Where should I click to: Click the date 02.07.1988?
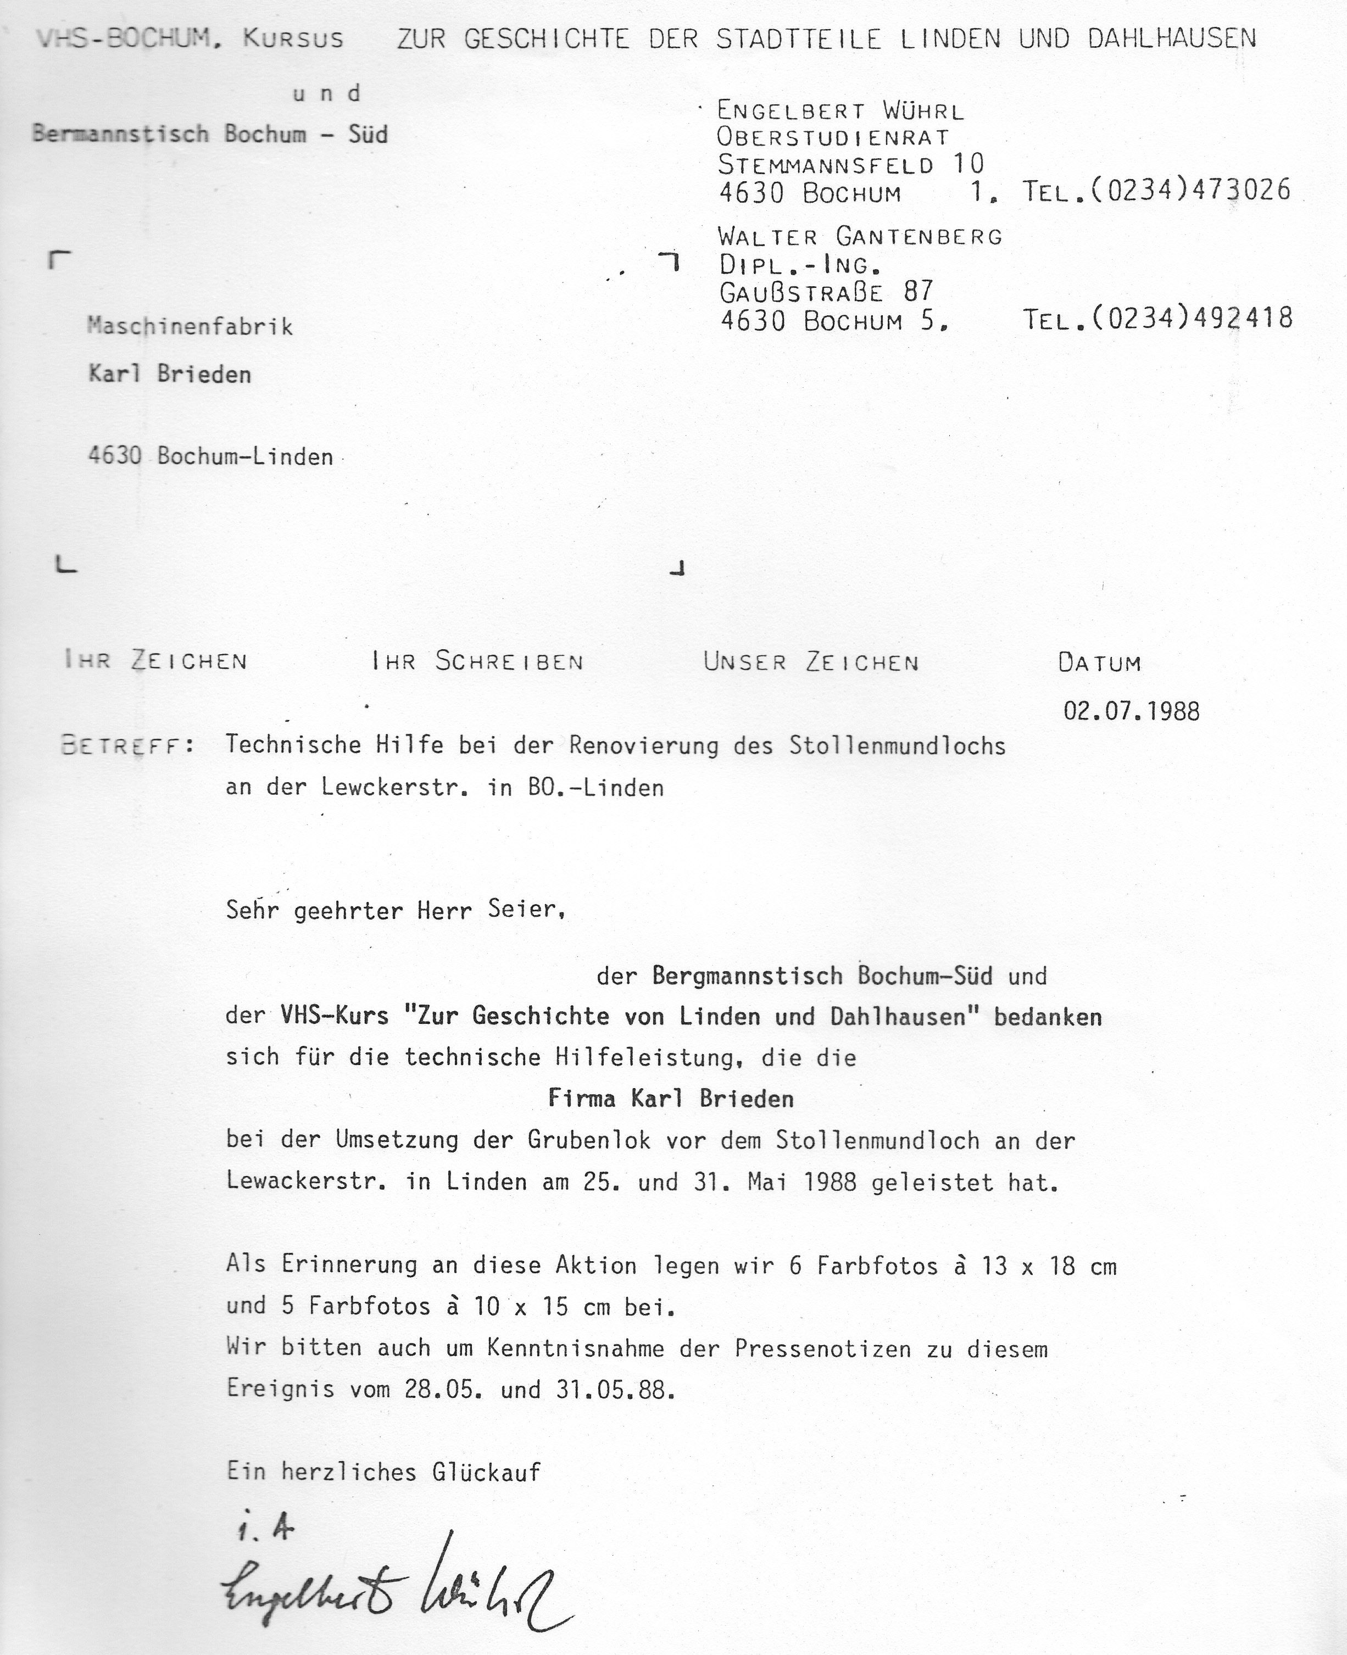pyautogui.click(x=1131, y=711)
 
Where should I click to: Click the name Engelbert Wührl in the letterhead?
pyautogui.click(x=841, y=112)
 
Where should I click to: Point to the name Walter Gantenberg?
pyautogui.click(x=860, y=236)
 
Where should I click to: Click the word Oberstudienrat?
pyautogui.click(x=833, y=138)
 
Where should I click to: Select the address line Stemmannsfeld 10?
pyautogui.click(x=850, y=164)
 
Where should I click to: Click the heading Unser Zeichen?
pyautogui.click(x=811, y=662)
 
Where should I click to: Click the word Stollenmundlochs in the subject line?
pyautogui.click(x=897, y=745)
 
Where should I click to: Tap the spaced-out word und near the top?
pyautogui.click(x=327, y=94)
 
